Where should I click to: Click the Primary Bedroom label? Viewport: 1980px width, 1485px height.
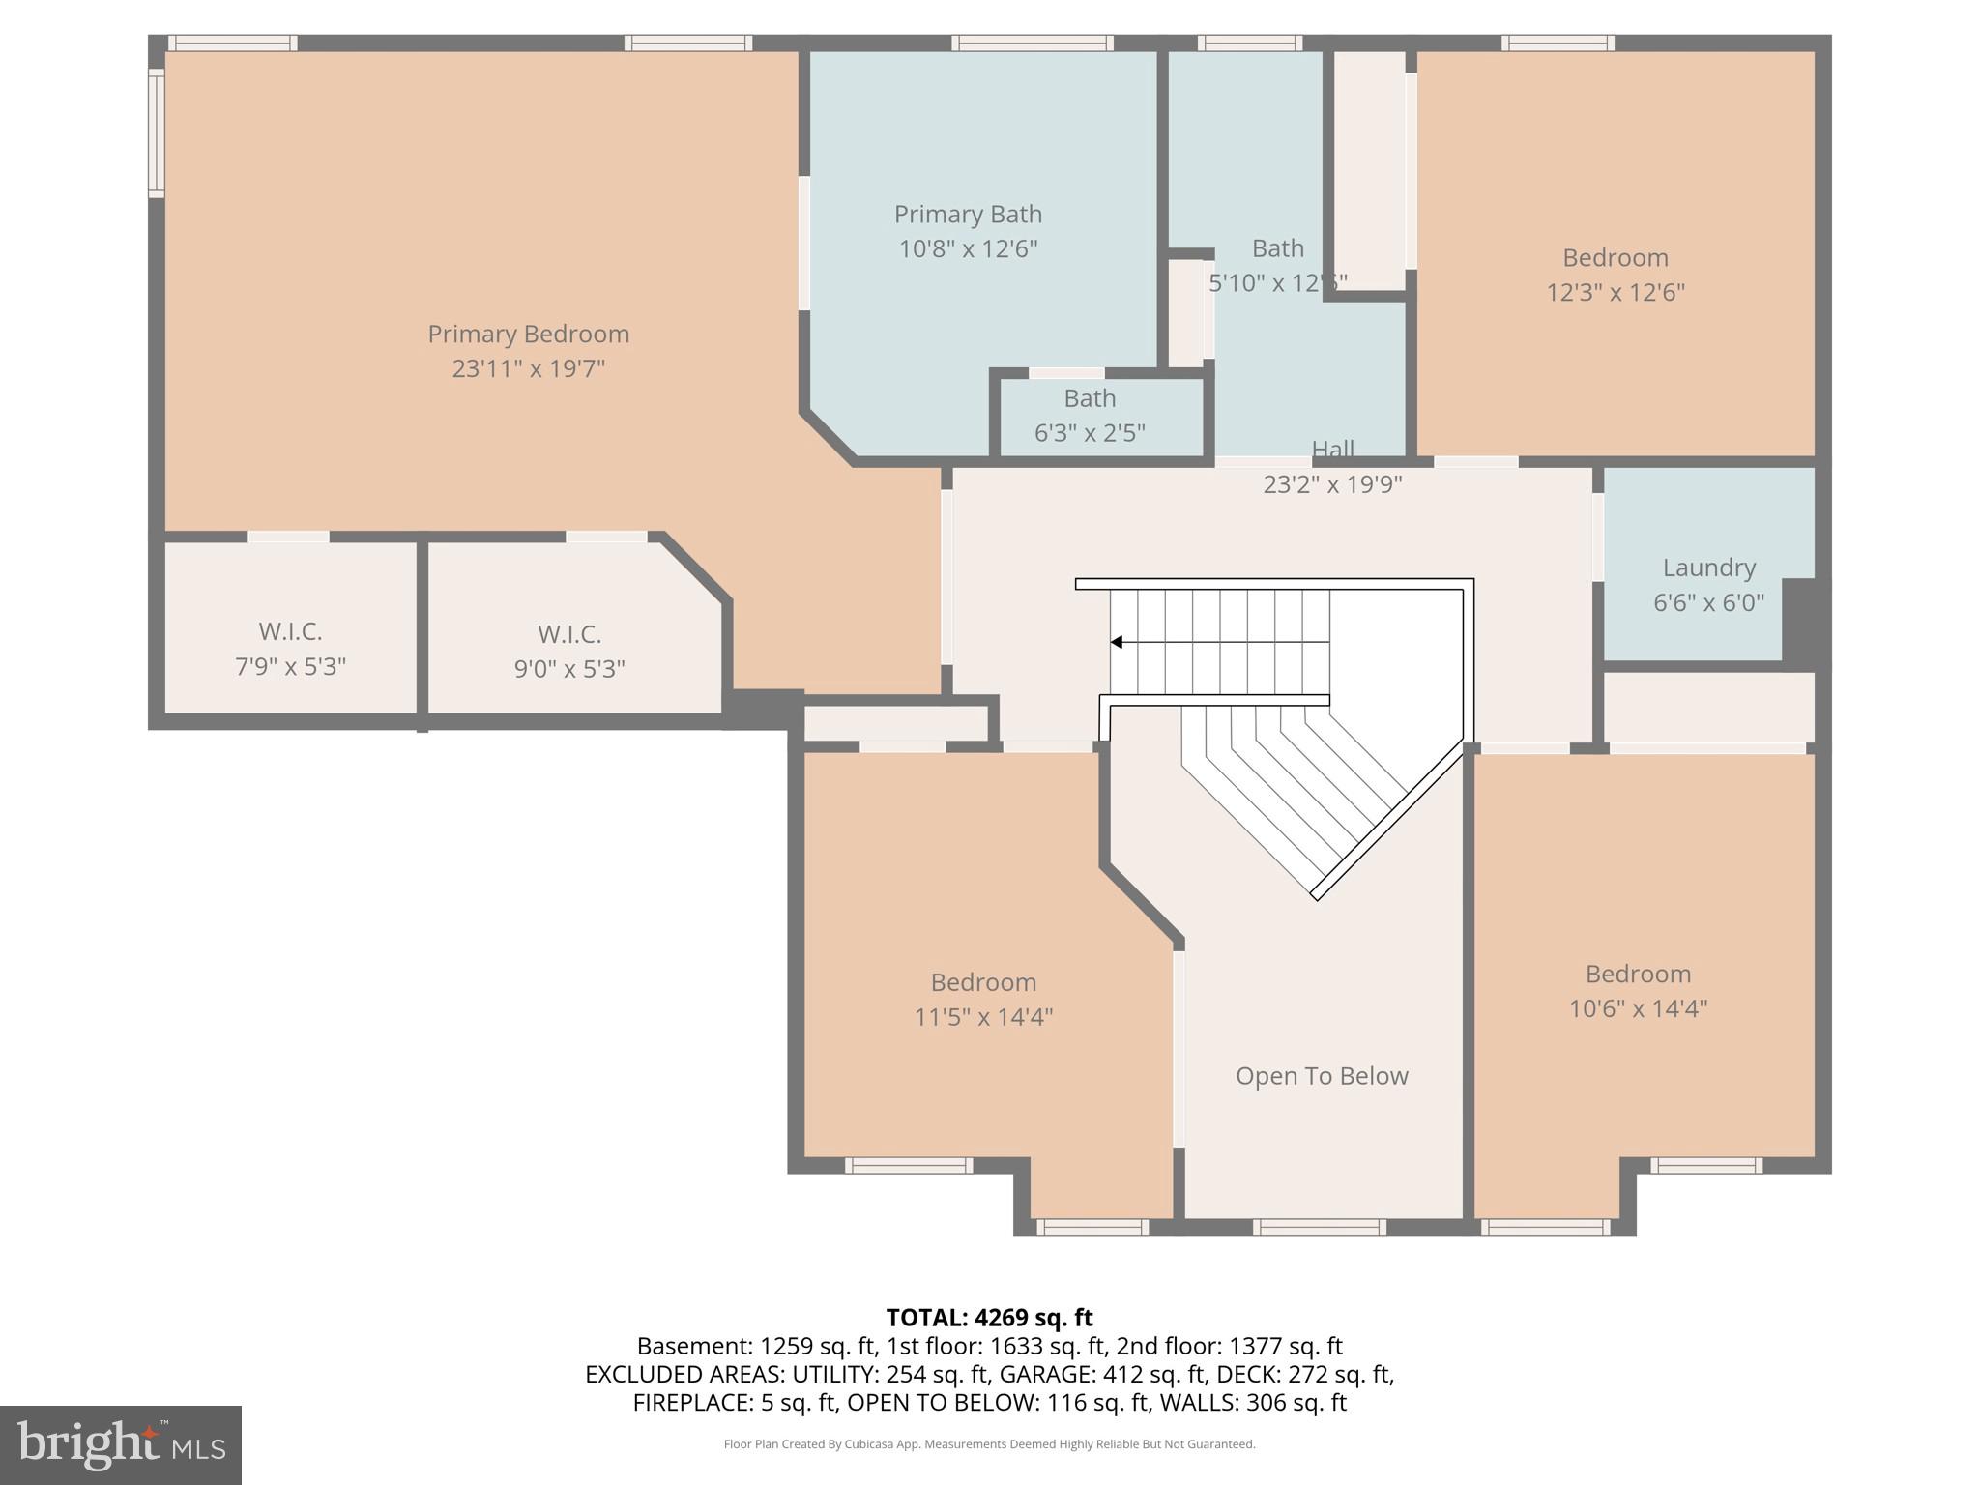tap(528, 335)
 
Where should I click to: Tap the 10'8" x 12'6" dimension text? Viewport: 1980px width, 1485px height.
tap(968, 249)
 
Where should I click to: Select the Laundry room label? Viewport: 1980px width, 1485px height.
tap(1708, 568)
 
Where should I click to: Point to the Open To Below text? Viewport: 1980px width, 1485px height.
tap(1322, 1076)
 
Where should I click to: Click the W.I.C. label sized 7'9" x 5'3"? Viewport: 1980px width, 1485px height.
tap(290, 632)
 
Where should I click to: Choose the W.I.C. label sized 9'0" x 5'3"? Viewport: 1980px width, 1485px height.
tap(569, 635)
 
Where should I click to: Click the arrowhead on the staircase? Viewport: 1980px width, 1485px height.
tap(1117, 642)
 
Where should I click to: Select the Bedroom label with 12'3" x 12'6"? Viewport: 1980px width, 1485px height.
tap(1615, 258)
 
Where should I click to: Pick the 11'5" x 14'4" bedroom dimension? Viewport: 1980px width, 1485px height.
tap(983, 1017)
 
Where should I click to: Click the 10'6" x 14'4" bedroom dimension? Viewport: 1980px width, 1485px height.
tap(1638, 1008)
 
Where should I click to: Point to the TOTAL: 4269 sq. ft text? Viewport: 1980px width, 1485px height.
tap(989, 1318)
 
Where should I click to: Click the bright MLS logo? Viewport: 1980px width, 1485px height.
tap(121, 1445)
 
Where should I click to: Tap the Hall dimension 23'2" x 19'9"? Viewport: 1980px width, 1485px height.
tap(1332, 484)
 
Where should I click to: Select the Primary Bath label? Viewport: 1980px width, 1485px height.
tap(968, 214)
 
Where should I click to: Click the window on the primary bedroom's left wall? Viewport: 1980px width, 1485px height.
tap(156, 133)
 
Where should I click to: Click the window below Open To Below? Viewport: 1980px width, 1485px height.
tap(1319, 1227)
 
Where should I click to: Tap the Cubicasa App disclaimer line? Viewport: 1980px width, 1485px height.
tap(989, 1444)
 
